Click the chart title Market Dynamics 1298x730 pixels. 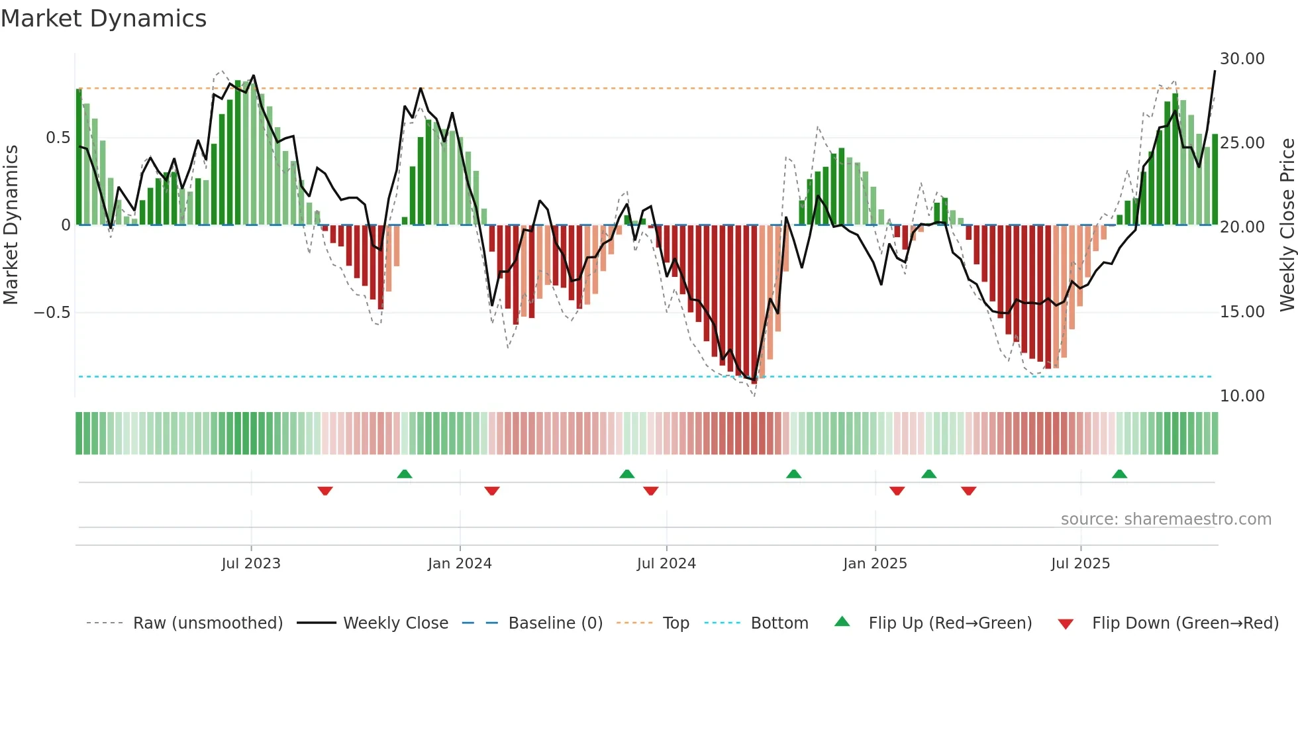(x=103, y=19)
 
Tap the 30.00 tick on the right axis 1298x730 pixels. (x=1242, y=59)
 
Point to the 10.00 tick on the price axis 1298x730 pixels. (x=1242, y=396)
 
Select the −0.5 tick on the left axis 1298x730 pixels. (x=52, y=312)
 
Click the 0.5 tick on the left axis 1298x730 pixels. (x=58, y=138)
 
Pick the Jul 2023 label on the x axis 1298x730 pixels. (x=251, y=564)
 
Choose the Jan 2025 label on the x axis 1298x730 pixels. (x=875, y=564)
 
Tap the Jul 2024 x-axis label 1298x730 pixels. (x=666, y=564)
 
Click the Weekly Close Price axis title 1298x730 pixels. (x=1287, y=225)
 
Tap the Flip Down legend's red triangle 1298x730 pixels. (x=1066, y=624)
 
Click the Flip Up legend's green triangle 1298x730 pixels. (x=842, y=621)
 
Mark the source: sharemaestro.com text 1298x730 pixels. (x=1166, y=519)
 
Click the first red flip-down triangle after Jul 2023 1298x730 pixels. (x=325, y=491)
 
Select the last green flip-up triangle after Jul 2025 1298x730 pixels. (x=1119, y=474)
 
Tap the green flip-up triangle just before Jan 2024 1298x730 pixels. (x=405, y=474)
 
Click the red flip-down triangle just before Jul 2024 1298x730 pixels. (x=651, y=491)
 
